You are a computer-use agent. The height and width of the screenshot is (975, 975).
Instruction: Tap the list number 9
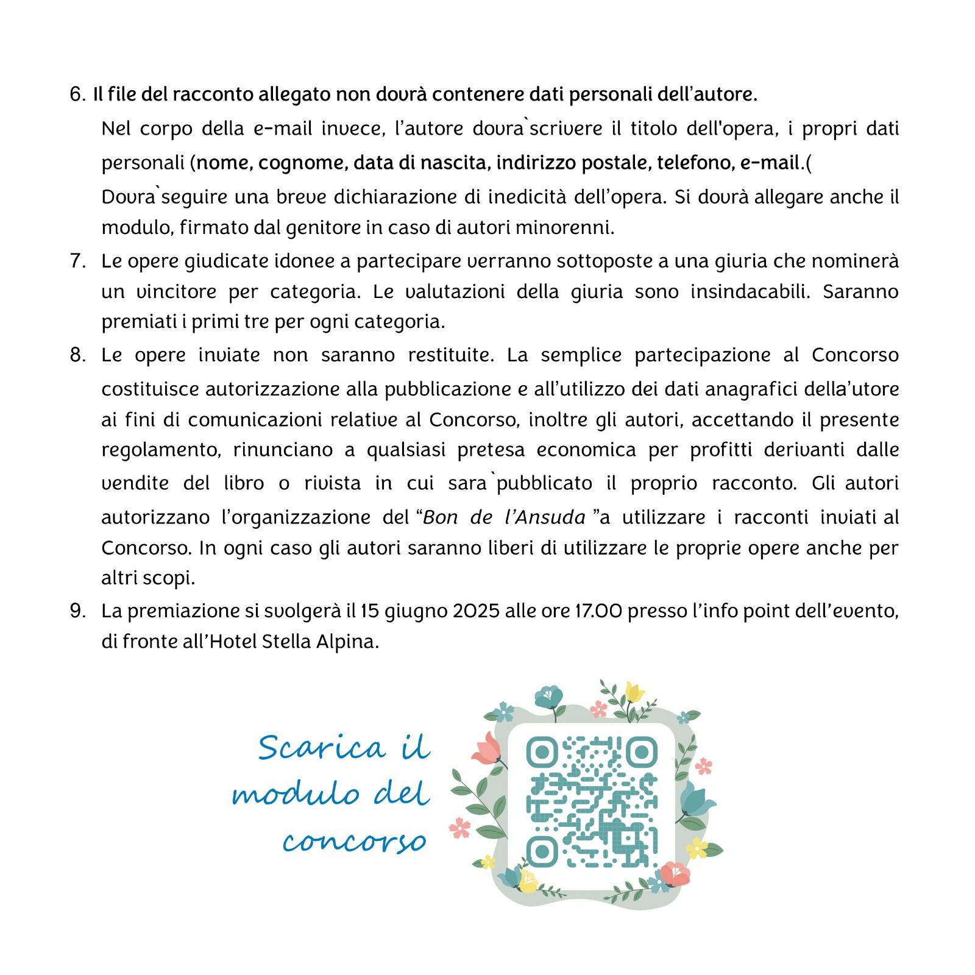77,611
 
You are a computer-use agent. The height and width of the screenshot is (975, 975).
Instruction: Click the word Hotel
233,642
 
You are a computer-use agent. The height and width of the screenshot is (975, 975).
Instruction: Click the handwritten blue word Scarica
322,748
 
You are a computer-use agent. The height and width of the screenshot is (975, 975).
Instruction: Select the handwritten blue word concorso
354,842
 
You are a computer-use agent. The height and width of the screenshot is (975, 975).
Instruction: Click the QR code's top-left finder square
541,752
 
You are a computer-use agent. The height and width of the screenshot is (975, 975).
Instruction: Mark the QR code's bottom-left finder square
541,851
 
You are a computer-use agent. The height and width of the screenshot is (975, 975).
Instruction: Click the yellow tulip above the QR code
634,692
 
